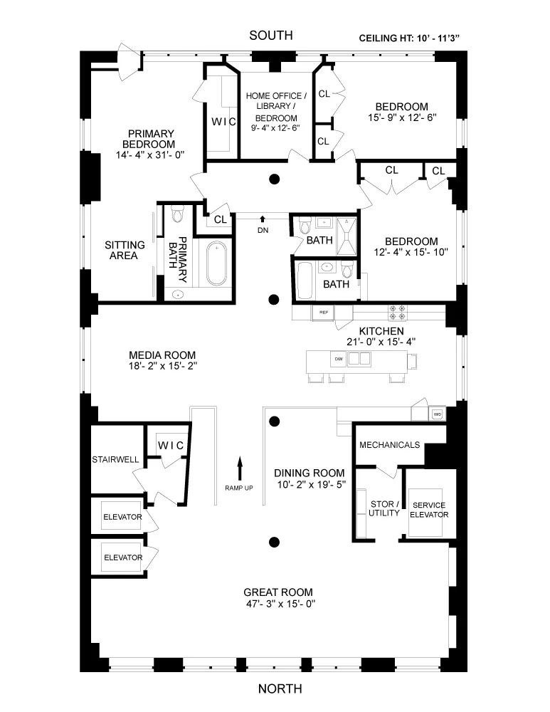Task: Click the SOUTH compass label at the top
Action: [x=270, y=36]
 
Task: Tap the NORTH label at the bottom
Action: [x=280, y=689]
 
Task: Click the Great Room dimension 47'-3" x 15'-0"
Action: [x=278, y=603]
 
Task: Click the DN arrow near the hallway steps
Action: [x=263, y=219]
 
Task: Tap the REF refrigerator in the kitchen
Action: [x=323, y=313]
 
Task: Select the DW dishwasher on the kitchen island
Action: [x=339, y=360]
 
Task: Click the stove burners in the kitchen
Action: [x=397, y=313]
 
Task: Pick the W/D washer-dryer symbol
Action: [x=437, y=414]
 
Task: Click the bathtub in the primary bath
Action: [x=216, y=263]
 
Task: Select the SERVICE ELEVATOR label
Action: [x=429, y=509]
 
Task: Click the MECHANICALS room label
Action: [x=389, y=445]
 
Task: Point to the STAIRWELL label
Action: [x=115, y=459]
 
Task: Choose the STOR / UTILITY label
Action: [x=385, y=508]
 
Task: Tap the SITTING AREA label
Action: [x=125, y=250]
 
